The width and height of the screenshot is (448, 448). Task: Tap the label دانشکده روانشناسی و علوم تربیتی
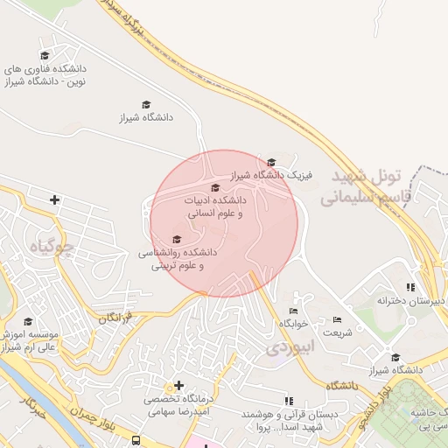177,259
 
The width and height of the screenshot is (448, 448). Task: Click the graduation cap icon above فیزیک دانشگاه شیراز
271,162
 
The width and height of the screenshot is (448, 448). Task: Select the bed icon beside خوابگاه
293,311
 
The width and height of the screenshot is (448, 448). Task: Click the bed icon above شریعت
338,319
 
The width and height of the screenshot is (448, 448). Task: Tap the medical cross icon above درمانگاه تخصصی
178,385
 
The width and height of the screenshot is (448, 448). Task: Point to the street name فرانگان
115,316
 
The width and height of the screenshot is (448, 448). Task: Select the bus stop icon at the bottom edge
136,440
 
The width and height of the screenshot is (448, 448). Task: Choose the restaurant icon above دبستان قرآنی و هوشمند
290,401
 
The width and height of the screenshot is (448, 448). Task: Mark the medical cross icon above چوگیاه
54,200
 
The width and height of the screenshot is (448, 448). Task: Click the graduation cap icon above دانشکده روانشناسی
177,239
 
